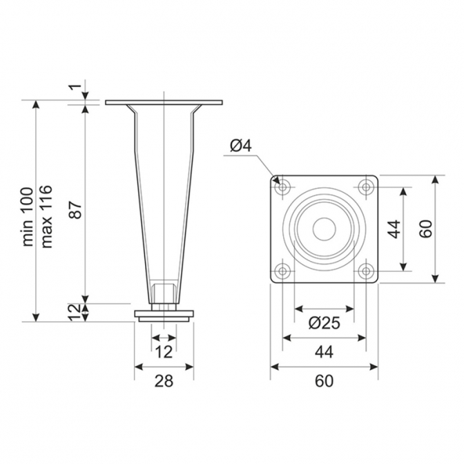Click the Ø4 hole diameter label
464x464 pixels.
point(240,146)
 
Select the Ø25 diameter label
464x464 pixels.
point(325,322)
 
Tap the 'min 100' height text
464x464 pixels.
point(28,217)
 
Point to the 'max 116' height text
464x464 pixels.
point(46,217)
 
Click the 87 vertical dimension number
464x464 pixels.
point(76,210)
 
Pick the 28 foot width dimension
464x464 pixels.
point(164,380)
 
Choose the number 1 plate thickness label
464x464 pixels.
point(77,87)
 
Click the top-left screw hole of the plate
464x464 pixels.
point(282,187)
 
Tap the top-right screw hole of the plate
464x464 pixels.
point(367,187)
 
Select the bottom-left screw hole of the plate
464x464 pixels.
point(282,271)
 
